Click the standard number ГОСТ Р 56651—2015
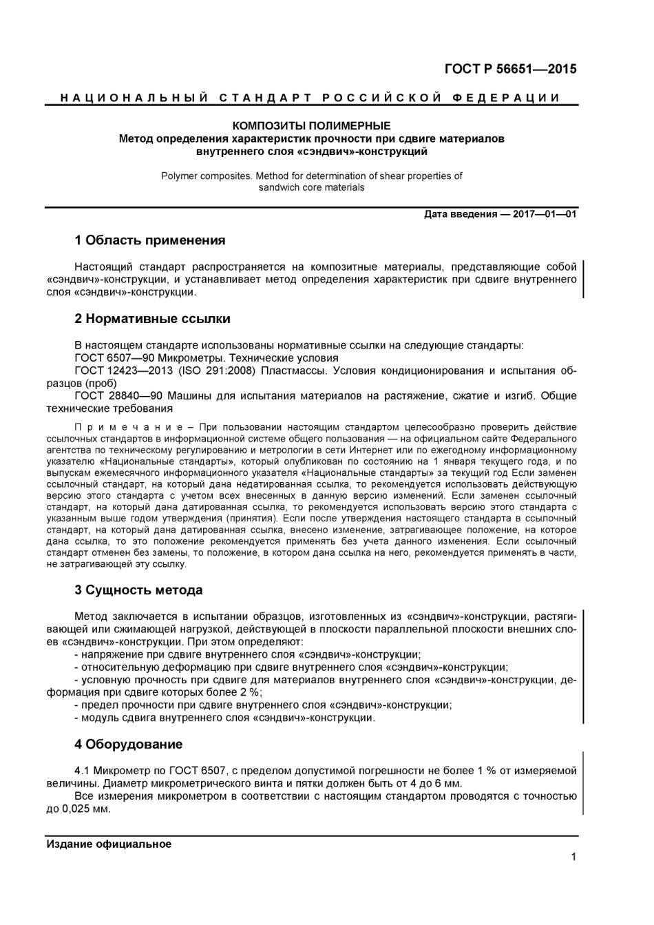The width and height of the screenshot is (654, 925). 510,69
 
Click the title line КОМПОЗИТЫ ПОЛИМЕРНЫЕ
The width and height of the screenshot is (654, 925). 311,126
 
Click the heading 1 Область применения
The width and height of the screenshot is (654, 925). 149,240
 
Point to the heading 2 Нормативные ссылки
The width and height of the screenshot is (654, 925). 152,319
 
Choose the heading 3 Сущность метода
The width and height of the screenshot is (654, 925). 138,590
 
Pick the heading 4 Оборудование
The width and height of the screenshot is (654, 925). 128,745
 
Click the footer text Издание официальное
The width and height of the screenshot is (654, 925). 109,844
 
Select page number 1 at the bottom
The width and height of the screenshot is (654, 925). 573,858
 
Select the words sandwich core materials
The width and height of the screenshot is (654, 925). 311,188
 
